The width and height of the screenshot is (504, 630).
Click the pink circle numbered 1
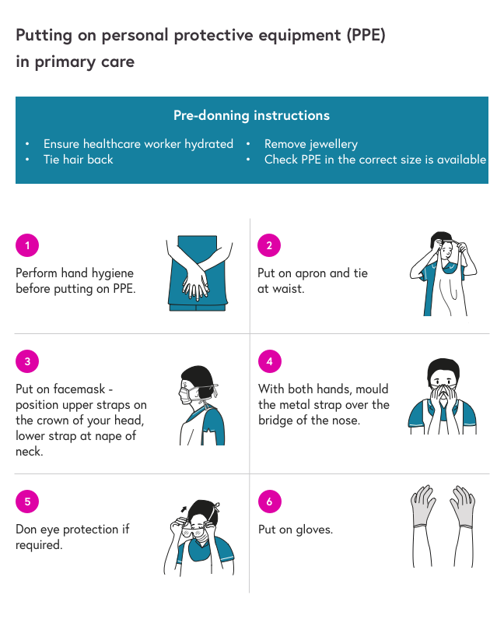click(27, 245)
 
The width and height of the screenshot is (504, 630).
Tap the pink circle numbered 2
click(269, 245)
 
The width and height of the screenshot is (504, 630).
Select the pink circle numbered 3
click(27, 361)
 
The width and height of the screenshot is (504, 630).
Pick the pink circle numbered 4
click(270, 361)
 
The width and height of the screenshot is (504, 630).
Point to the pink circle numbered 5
click(27, 502)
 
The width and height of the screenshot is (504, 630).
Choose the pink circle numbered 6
click(270, 502)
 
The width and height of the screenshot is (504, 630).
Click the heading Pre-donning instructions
click(251, 116)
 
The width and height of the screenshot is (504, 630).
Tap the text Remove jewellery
click(311, 144)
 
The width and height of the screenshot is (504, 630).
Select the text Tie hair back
click(79, 160)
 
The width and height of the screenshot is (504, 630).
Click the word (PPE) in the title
click(366, 35)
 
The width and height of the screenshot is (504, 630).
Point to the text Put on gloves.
click(296, 530)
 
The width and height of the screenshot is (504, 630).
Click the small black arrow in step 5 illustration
click(184, 509)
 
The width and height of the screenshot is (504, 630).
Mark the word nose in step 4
click(345, 421)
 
